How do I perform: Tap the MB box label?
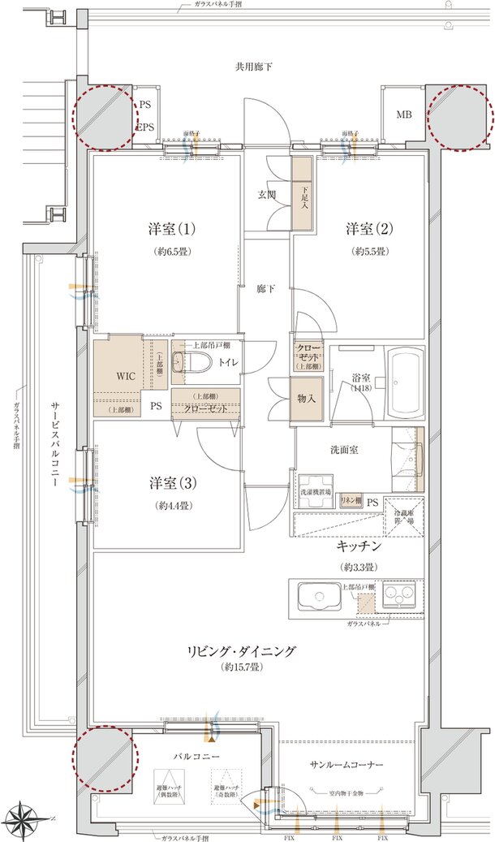point(403,114)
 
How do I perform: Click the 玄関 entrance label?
point(267,195)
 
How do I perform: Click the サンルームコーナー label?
point(346,765)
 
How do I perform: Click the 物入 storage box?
point(306,399)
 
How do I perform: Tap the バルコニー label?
point(197,756)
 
